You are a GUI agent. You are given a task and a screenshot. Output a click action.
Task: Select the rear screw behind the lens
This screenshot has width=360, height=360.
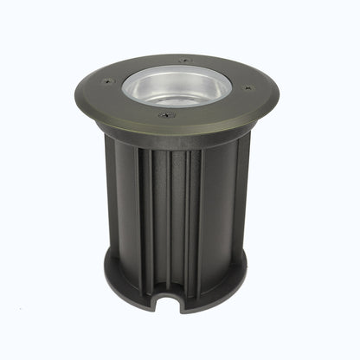pyautogui.click(x=183, y=60)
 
